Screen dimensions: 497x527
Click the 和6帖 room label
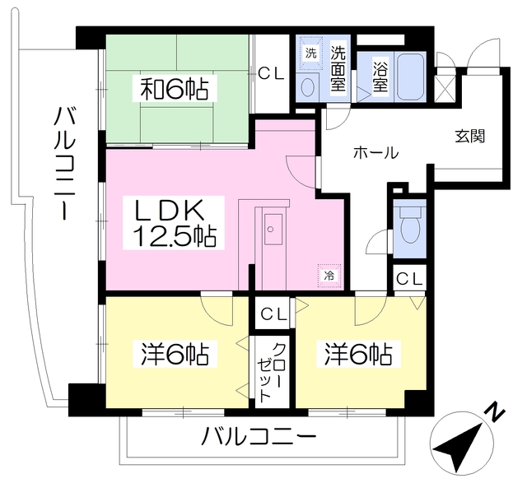click(x=174, y=88)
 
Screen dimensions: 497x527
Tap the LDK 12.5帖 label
click(x=175, y=222)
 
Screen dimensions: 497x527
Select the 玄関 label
click(x=469, y=136)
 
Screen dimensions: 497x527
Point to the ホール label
click(x=375, y=152)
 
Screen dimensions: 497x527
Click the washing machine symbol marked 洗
click(x=310, y=53)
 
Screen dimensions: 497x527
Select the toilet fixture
click(x=409, y=225)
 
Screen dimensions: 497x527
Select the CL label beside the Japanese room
click(x=271, y=73)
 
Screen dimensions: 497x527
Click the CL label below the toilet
click(x=409, y=278)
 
